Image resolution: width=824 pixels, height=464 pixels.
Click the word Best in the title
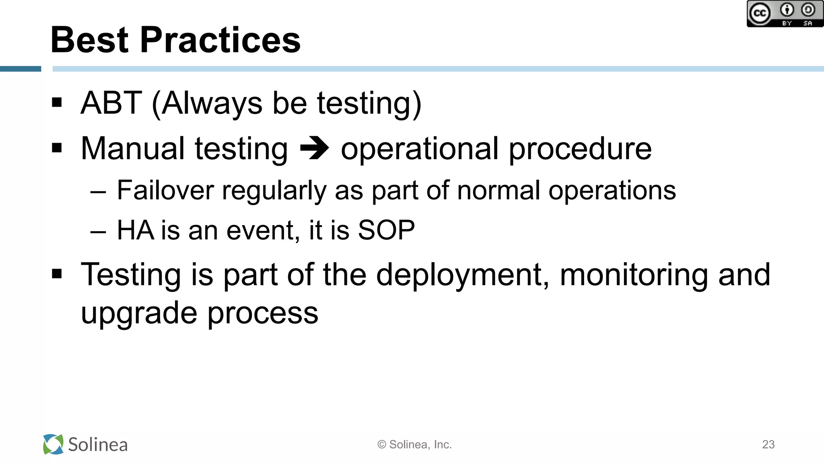(89, 40)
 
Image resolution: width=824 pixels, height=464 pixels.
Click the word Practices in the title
(220, 40)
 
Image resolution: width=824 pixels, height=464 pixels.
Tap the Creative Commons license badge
(785, 14)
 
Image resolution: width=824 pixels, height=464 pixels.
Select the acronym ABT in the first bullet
(111, 103)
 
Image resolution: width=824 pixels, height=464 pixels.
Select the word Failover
(165, 190)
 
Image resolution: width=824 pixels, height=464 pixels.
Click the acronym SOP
(386, 230)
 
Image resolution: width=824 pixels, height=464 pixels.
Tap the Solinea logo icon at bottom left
(53, 444)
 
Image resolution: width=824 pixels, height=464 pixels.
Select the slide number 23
(768, 444)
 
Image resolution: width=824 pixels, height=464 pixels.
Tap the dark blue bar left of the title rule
(21, 69)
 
